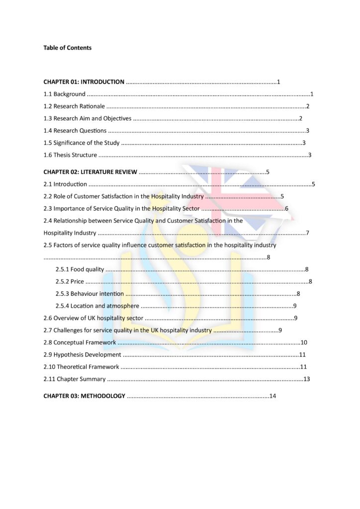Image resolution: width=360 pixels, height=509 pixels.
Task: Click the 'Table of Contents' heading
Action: pyautogui.click(x=67, y=48)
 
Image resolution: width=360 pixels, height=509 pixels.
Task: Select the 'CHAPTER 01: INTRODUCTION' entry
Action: pyautogui.click(x=84, y=82)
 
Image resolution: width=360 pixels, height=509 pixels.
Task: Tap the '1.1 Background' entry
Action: pyautogui.click(x=64, y=94)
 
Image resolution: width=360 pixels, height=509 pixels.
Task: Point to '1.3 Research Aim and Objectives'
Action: pyautogui.click(x=88, y=118)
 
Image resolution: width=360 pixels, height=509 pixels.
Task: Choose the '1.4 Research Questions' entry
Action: pyautogui.click(x=75, y=131)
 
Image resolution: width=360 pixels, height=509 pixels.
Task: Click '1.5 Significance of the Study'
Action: pyautogui.click(x=82, y=143)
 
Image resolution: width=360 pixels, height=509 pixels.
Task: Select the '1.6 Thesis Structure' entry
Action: pyautogui.click(x=70, y=155)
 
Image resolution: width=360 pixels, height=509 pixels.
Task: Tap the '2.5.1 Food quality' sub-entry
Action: pyautogui.click(x=80, y=269)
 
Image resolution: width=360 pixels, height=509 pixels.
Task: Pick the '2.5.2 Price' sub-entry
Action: pyautogui.click(x=70, y=282)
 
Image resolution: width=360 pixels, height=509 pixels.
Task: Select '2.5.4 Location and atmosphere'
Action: pyautogui.click(x=97, y=306)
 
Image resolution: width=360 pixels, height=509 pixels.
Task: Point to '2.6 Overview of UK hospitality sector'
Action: pyautogui.click(x=93, y=318)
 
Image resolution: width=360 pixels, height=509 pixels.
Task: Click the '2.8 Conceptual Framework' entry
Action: pyautogui.click(x=80, y=342)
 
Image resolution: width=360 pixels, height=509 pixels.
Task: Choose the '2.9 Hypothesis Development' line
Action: pyautogui.click(x=82, y=355)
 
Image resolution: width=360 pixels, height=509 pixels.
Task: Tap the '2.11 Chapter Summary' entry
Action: pyautogui.click(x=74, y=379)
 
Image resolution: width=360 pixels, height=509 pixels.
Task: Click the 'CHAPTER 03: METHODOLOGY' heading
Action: pyautogui.click(x=84, y=396)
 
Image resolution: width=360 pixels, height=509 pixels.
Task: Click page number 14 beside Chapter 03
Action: pyautogui.click(x=272, y=396)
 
